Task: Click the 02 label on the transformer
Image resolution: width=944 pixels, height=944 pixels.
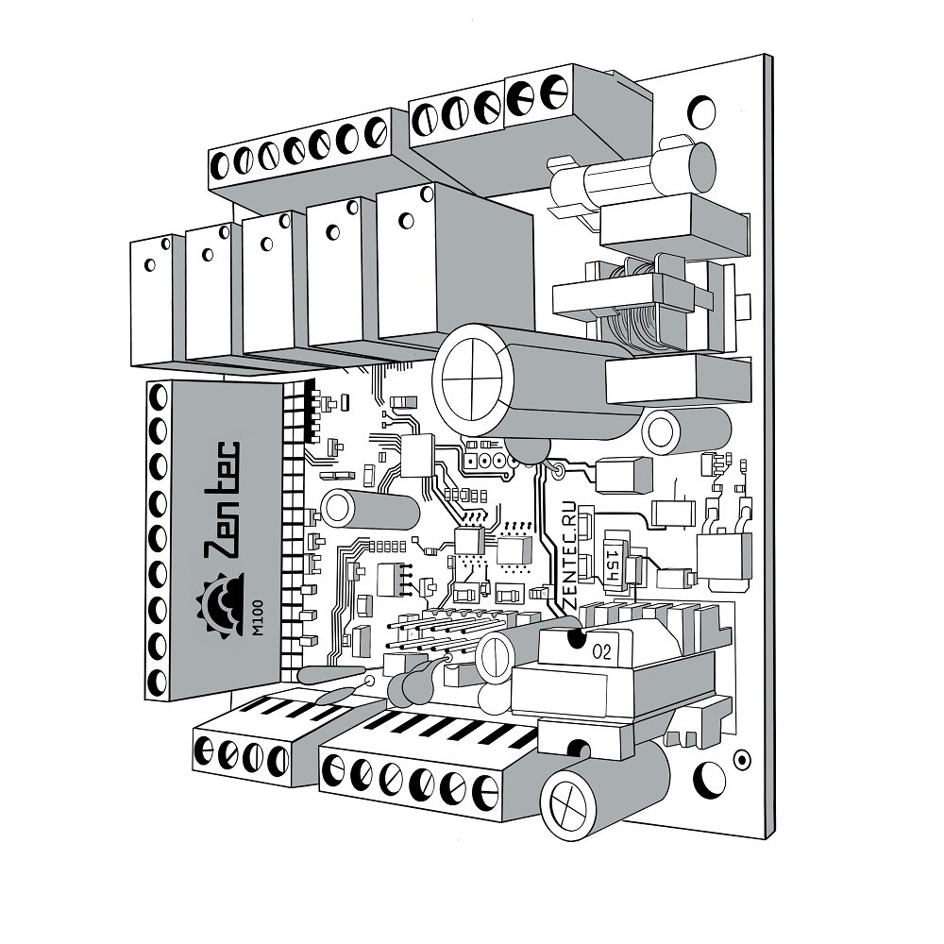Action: [x=601, y=651]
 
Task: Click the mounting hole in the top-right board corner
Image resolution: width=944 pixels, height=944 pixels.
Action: [x=701, y=112]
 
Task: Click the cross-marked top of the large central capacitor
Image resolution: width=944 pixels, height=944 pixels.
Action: [x=472, y=379]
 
